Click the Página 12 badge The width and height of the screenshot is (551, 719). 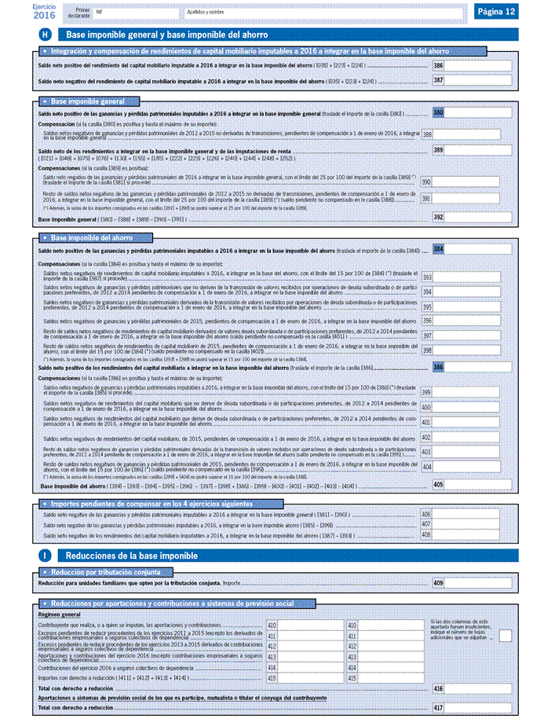pos(496,12)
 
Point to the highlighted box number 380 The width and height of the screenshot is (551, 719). pos(438,114)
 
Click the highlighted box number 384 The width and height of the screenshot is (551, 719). pos(438,249)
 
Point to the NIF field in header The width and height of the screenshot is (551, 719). pos(134,13)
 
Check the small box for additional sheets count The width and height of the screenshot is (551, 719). pos(506,635)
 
